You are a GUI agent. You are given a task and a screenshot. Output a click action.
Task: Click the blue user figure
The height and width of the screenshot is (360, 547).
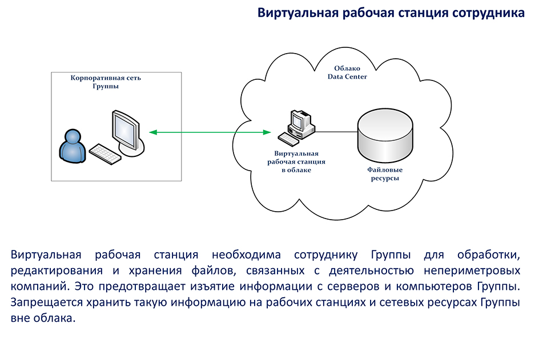pos(72,147)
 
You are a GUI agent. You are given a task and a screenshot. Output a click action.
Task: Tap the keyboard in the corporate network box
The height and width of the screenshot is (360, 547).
pos(105,154)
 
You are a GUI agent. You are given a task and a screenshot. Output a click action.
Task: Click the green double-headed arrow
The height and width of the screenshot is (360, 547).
pos(210,132)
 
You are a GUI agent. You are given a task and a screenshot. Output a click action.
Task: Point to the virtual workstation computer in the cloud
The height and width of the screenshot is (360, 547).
pos(296,128)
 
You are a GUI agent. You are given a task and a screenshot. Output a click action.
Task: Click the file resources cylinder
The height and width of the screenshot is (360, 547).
pos(385,136)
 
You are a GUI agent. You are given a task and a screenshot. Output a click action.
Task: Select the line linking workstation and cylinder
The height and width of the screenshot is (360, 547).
pos(336,132)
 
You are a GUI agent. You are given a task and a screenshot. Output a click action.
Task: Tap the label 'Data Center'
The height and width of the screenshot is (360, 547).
pos(347,76)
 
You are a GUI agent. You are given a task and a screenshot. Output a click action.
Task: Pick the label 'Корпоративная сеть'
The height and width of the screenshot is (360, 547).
pos(106,78)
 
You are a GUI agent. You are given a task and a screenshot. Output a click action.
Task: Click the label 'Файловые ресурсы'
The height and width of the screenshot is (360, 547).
pos(385,174)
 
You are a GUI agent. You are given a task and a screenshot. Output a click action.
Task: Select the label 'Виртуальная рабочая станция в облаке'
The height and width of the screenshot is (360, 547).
pos(296,161)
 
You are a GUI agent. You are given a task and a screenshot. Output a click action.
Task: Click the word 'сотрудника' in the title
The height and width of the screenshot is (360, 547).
pos(488,13)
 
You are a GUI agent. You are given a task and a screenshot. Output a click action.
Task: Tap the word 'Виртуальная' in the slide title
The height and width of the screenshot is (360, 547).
pos(298,13)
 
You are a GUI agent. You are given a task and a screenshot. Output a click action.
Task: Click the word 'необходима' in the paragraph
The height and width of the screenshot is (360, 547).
pos(246,255)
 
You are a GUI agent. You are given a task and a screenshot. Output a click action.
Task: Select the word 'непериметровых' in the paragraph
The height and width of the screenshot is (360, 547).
pos(472,271)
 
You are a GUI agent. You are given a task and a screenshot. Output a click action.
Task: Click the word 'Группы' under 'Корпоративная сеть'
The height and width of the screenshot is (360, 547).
pos(106,86)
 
